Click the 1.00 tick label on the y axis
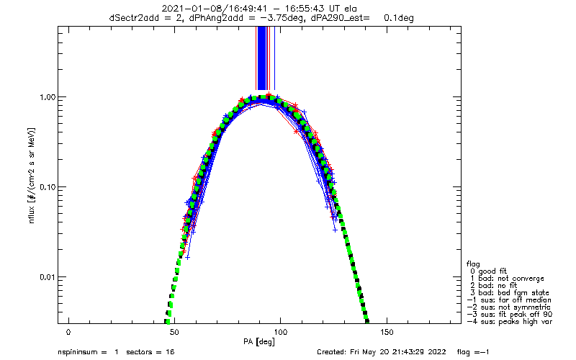pos(48,97)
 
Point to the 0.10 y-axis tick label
pos(48,187)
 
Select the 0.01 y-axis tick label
pos(48,277)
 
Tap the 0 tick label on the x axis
pos(68,333)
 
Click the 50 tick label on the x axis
pos(174,333)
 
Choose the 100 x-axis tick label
pos(280,333)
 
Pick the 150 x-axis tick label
pos(387,333)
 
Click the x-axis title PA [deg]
pos(259,342)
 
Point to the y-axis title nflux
pos(32,213)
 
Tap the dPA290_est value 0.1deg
pos(399,17)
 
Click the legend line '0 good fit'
pos(488,271)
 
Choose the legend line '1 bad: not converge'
pos(507,279)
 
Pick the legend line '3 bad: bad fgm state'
pos(510,293)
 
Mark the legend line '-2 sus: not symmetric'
pos(508,307)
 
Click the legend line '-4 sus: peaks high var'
pos(510,322)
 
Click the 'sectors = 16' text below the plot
pos(150,352)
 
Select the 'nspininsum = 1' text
pos(88,352)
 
